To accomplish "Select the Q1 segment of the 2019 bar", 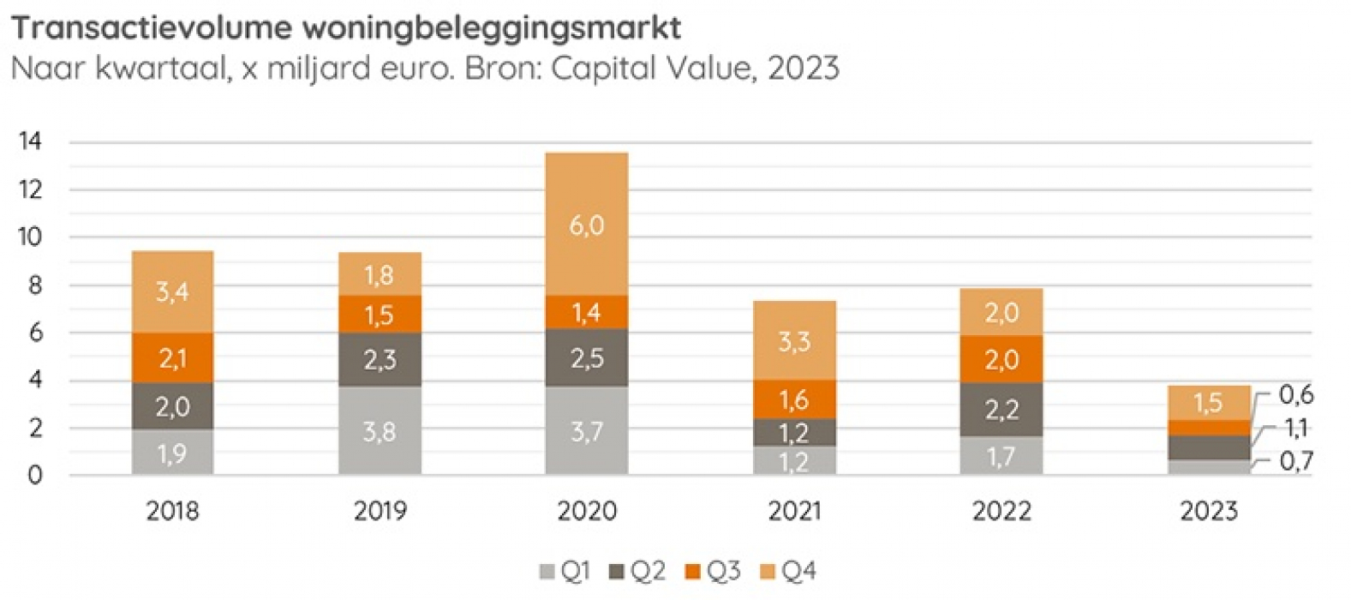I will (x=380, y=431).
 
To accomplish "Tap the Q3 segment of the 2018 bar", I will (x=172, y=357).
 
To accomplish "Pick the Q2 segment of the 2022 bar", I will (x=1001, y=410).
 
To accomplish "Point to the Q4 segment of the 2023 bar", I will (x=1209, y=403).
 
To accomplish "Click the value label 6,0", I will (x=586, y=225).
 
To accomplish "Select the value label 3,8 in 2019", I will (x=380, y=431).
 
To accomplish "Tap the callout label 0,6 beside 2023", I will (x=1295, y=395).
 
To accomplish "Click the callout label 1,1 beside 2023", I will (x=1295, y=428).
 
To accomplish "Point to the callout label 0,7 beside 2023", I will (x=1295, y=462).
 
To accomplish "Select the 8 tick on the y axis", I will (x=35, y=285).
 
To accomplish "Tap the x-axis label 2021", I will (x=794, y=512).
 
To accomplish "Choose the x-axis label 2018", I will (x=172, y=512).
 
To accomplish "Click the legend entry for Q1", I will (x=565, y=571).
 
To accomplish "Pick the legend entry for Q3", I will (x=713, y=571).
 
